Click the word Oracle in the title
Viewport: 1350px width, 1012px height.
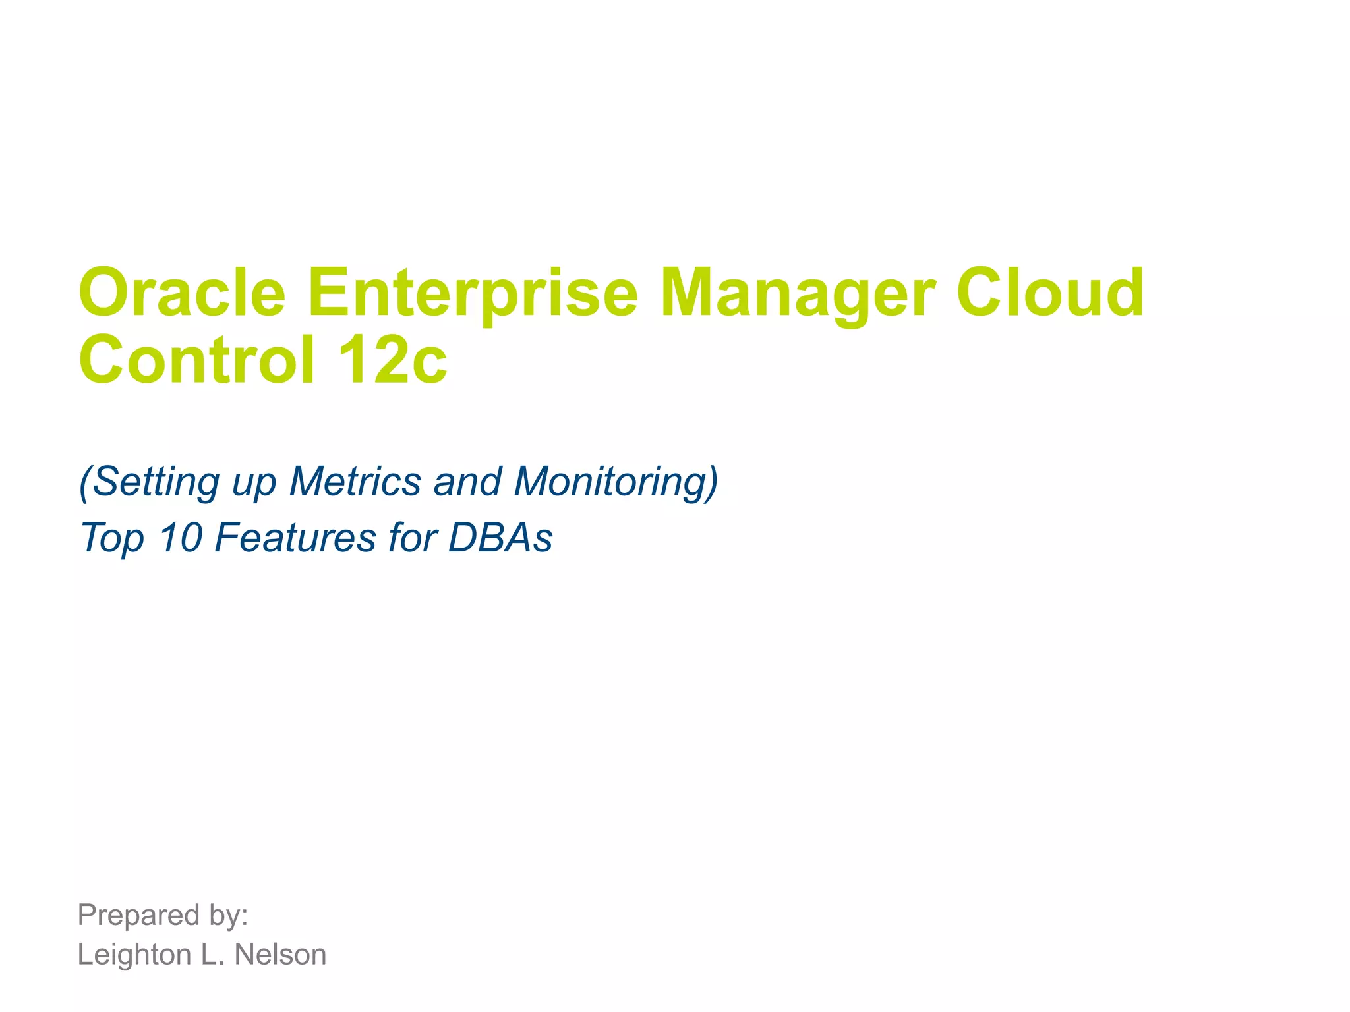pyautogui.click(x=182, y=293)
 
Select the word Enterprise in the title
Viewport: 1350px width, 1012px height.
pyautogui.click(x=472, y=293)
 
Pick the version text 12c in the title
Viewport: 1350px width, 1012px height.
pyautogui.click(x=393, y=360)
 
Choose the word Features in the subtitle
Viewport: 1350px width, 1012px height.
pyautogui.click(x=295, y=537)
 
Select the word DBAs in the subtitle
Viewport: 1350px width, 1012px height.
pyautogui.click(x=500, y=537)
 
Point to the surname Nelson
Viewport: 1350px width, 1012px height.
pyautogui.click(x=281, y=955)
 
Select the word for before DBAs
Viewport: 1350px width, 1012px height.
pyautogui.click(x=413, y=537)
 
